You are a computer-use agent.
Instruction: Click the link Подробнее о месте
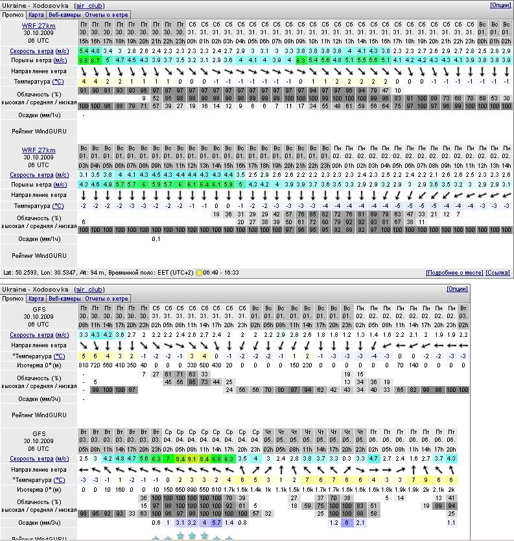tap(454, 273)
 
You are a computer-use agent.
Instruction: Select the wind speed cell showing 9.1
tap(193, 459)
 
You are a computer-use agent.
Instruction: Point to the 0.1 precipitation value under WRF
tap(156, 238)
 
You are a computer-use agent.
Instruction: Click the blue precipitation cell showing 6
tap(347, 522)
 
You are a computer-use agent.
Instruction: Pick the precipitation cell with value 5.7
tap(216, 522)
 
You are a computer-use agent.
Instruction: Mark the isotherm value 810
tap(83, 365)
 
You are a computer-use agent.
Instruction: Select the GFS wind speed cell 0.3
tap(347, 459)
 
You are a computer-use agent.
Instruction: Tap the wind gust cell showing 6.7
tap(95, 60)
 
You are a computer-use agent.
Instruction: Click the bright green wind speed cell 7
tap(168, 459)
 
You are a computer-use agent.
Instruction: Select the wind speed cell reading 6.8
tap(216, 459)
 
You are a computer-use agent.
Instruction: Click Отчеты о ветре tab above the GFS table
tap(107, 299)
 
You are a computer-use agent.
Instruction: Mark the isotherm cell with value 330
tap(193, 365)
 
